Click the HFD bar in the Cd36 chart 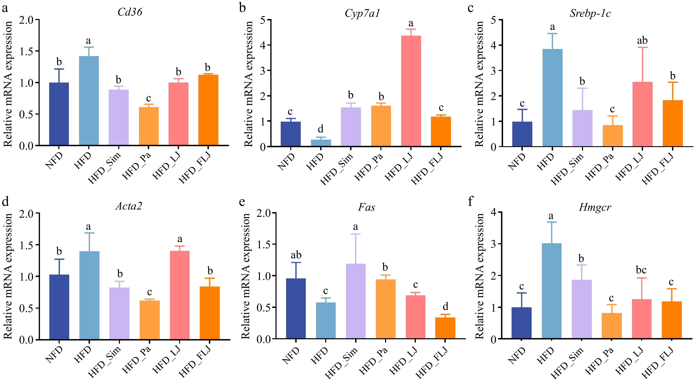[x=89, y=101]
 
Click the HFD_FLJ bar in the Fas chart [x=445, y=328]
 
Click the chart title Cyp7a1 [x=362, y=13]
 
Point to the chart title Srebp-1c [x=590, y=13]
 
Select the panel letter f [x=471, y=201]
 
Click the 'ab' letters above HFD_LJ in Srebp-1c [x=642, y=40]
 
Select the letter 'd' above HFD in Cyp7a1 [x=321, y=129]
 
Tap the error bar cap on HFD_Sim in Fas [x=356, y=234]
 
